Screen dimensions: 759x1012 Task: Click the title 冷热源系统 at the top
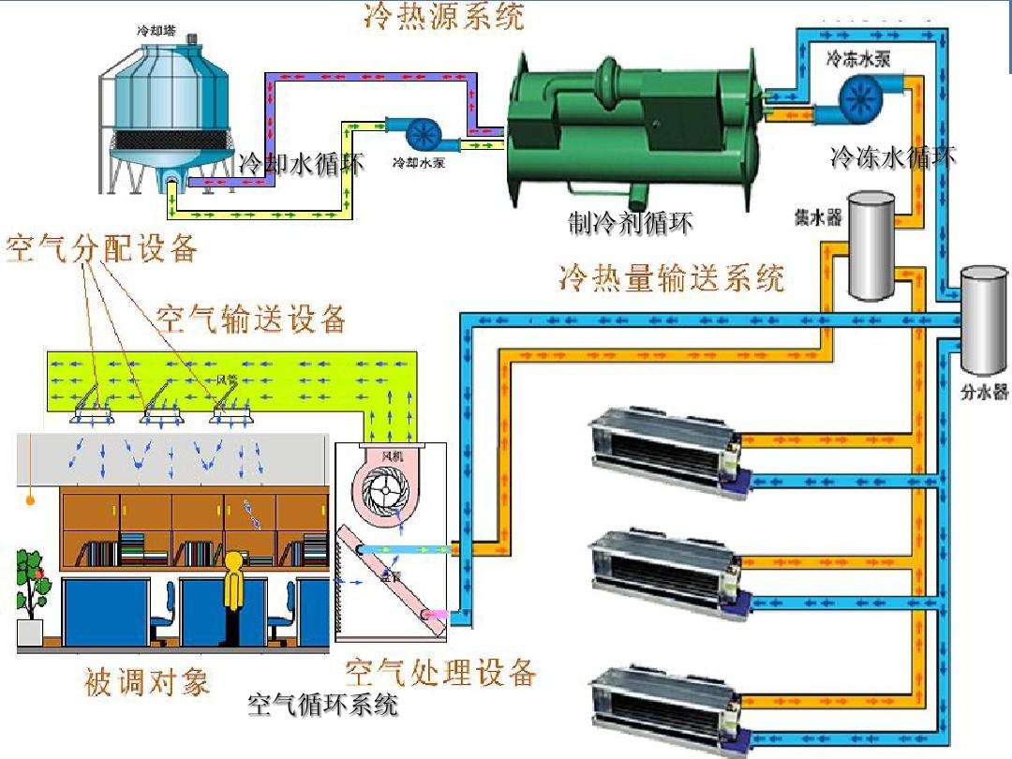tap(444, 16)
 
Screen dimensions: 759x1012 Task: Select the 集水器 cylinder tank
tap(871, 245)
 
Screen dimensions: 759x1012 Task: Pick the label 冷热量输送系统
tap(671, 278)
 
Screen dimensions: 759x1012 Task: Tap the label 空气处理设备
tap(440, 672)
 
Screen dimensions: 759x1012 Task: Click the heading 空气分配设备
tap(102, 249)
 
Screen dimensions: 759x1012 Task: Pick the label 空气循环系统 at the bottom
tap(322, 706)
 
